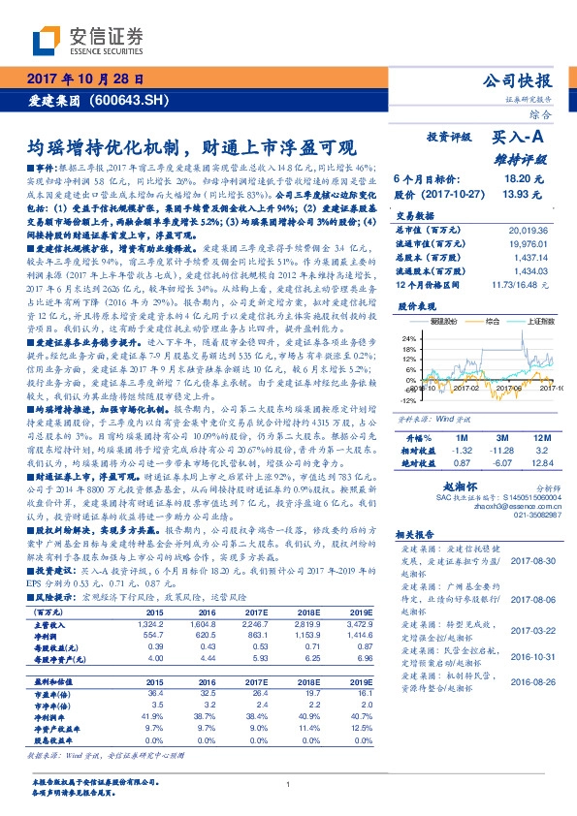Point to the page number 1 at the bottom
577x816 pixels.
(288, 784)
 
